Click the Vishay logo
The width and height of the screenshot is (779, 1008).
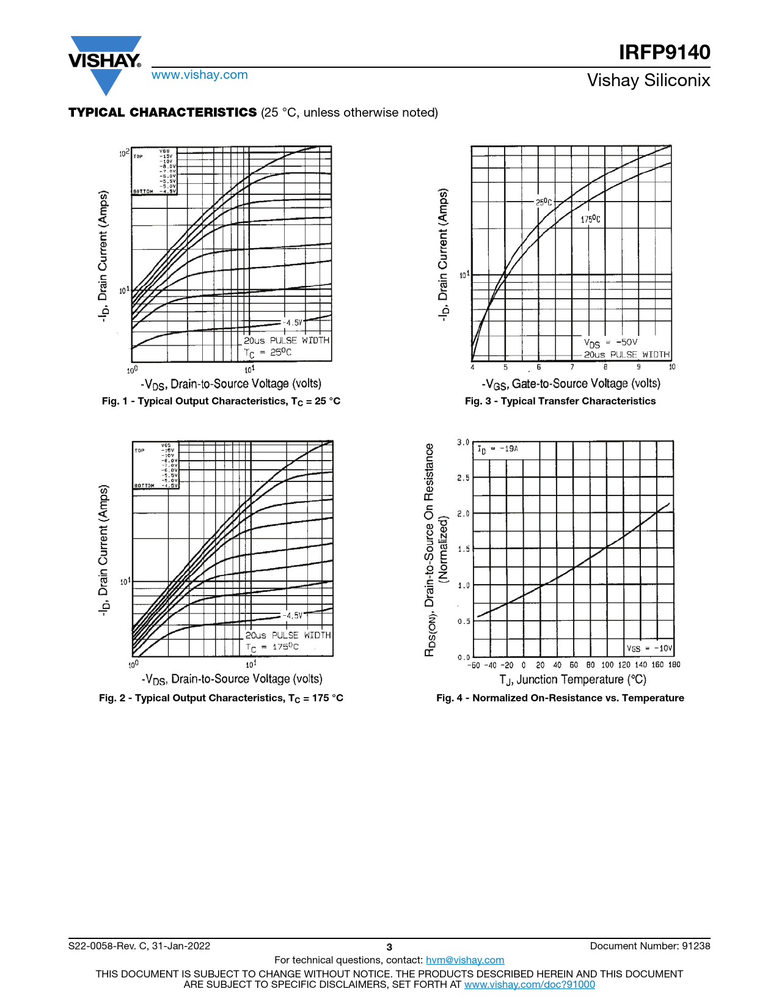click(x=105, y=64)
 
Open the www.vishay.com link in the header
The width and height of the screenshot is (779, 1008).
click(x=200, y=75)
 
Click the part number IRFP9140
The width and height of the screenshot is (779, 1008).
click(x=664, y=53)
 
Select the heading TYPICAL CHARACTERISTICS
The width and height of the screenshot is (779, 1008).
click(x=163, y=112)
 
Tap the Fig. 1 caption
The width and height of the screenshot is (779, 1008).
click(x=221, y=401)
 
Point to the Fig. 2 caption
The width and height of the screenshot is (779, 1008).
click(x=221, y=698)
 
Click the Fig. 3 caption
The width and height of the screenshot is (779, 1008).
click(x=560, y=401)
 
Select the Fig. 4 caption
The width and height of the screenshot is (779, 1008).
click(x=560, y=698)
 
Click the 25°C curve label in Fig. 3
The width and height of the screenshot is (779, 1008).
click(x=544, y=202)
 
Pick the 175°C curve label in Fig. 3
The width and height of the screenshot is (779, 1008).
click(x=590, y=219)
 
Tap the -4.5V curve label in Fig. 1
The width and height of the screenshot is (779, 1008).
click(x=293, y=323)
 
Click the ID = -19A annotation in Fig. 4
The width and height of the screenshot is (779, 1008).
click(x=498, y=449)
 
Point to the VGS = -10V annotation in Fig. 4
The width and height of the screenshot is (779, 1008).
click(x=649, y=648)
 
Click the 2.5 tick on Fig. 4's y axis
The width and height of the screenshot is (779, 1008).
click(x=463, y=478)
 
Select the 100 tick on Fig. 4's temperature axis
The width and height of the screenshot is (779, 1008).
click(x=607, y=665)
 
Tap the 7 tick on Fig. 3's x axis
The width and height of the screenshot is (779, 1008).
click(x=572, y=367)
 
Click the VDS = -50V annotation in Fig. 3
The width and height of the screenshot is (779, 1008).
click(x=610, y=343)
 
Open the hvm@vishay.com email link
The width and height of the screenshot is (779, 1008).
click(x=465, y=960)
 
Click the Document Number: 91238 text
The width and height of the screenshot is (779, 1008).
click(x=650, y=946)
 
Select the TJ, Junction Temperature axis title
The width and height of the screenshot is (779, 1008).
click(x=572, y=679)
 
